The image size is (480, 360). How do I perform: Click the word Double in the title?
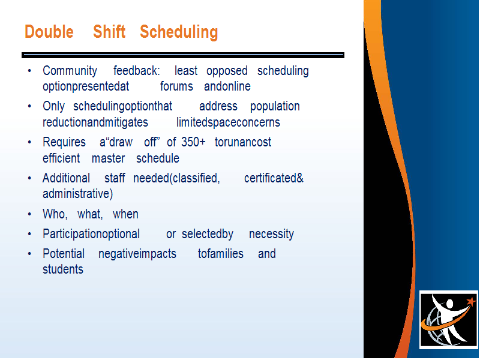click(49, 32)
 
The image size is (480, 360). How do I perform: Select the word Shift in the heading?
click(109, 32)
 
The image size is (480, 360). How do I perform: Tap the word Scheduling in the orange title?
click(179, 32)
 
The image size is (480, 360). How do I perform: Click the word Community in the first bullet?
click(70, 71)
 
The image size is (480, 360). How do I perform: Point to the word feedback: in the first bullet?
click(137, 71)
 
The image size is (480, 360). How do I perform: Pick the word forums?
click(176, 86)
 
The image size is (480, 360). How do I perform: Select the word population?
click(275, 107)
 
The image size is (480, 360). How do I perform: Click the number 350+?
click(193, 142)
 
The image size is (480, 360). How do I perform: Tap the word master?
click(109, 158)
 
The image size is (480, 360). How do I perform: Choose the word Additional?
click(66, 178)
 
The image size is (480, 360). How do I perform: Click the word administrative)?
click(78, 194)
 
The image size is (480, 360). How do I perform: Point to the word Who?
click(55, 214)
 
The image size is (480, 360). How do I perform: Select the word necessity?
click(271, 235)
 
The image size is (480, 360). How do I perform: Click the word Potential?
click(64, 254)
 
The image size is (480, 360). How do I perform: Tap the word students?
click(63, 269)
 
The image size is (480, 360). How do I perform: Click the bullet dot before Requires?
click(29, 142)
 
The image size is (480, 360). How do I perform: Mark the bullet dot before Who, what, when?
click(29, 214)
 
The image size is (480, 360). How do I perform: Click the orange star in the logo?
click(472, 301)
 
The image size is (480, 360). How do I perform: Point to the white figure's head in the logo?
click(449, 304)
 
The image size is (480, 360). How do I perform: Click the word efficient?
click(61, 158)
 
